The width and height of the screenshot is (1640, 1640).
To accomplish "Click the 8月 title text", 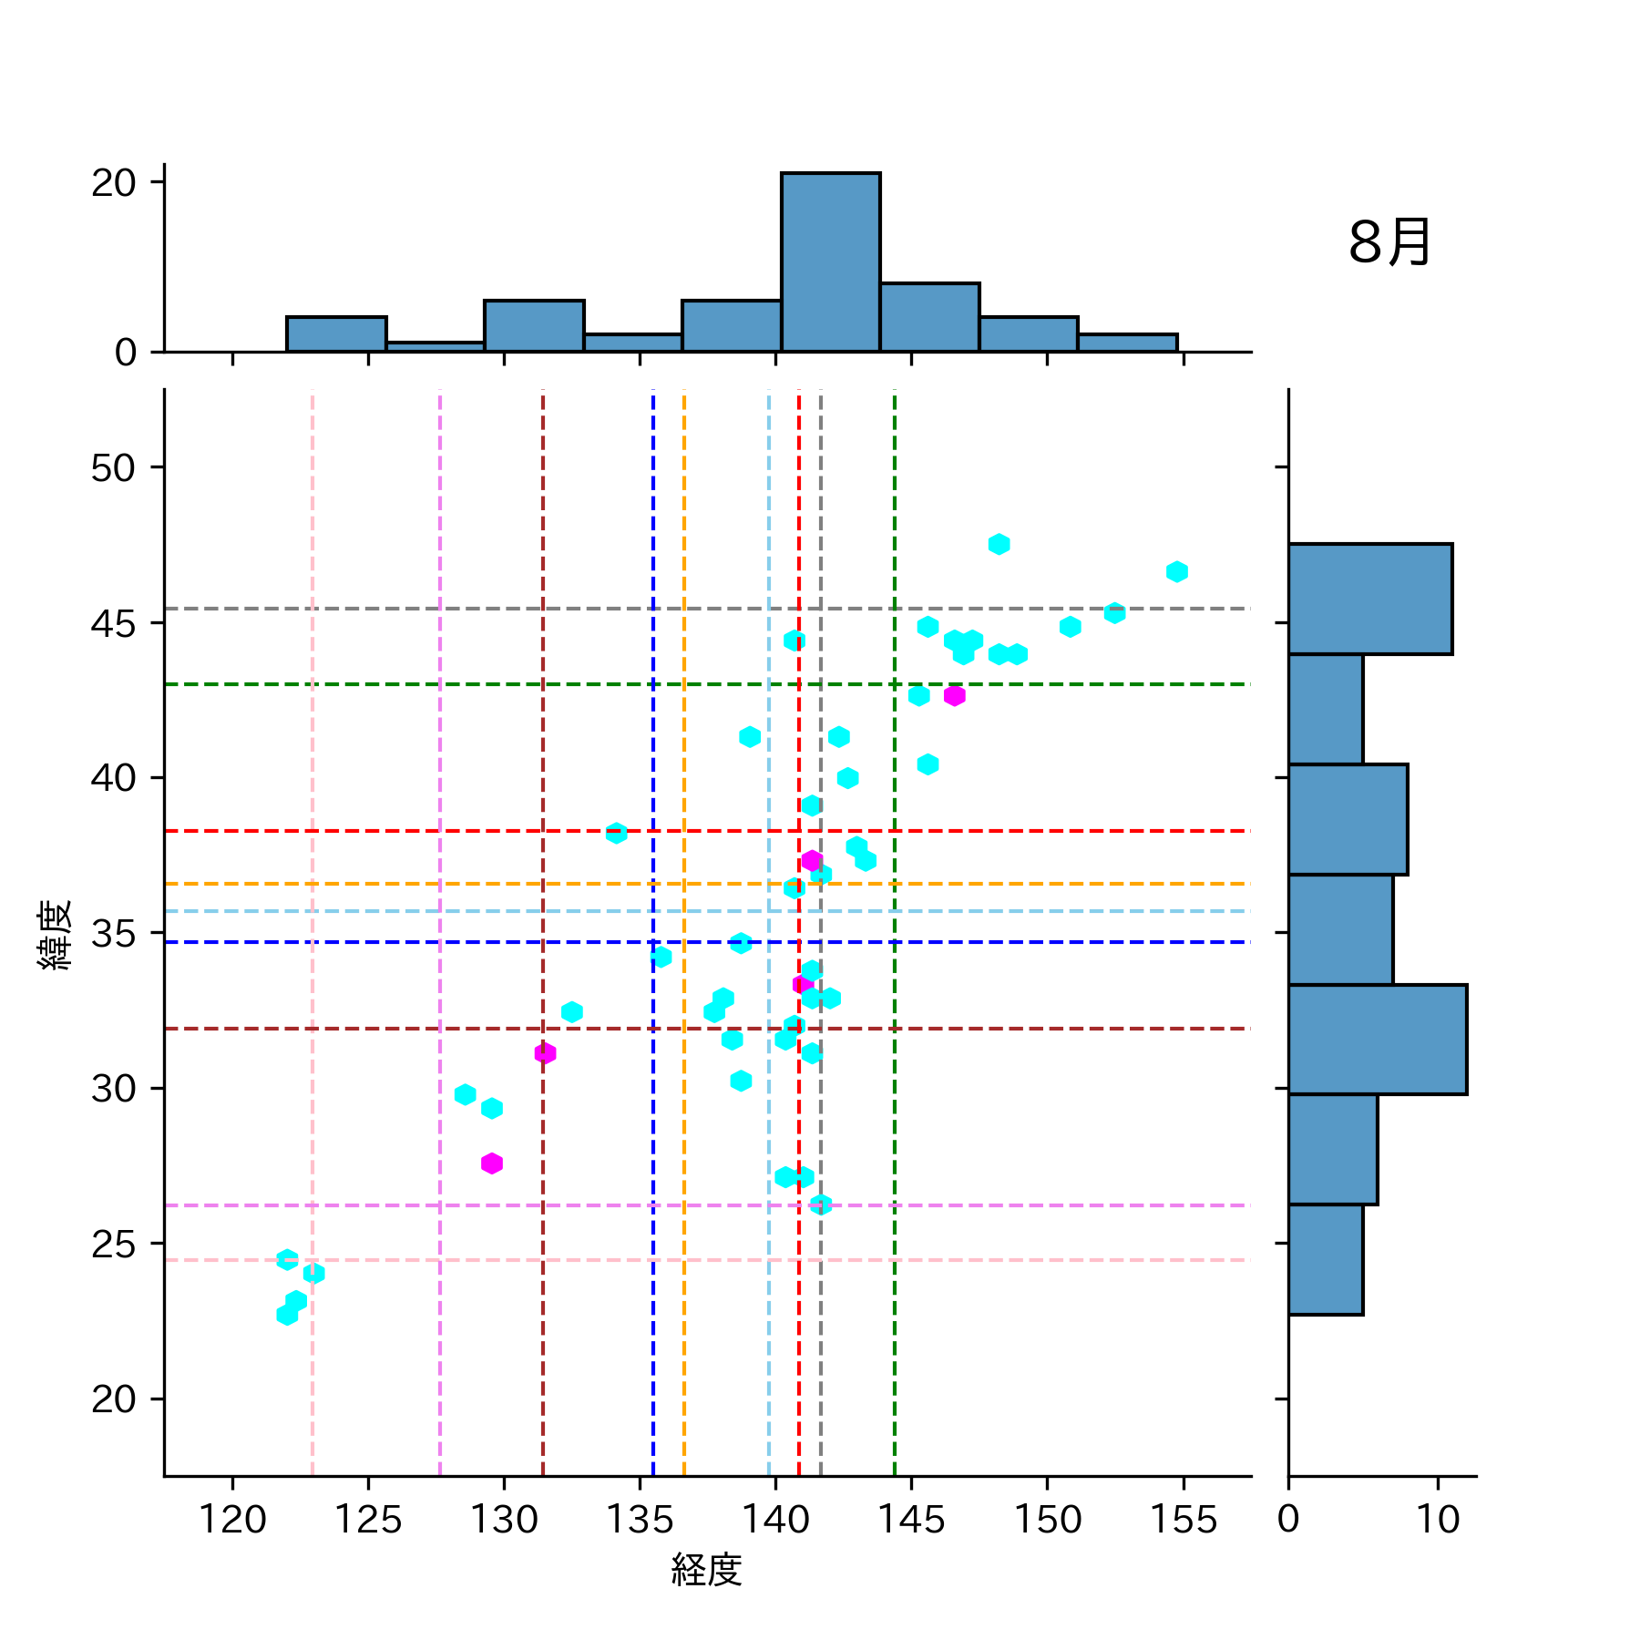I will click(x=1389, y=243).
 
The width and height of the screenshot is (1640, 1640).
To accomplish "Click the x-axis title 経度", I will click(x=706, y=1569).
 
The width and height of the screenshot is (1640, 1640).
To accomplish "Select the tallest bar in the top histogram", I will click(x=830, y=262).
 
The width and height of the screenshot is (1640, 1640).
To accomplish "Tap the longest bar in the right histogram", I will click(x=1377, y=1039).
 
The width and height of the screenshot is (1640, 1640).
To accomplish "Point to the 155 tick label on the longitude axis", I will click(x=1183, y=1519).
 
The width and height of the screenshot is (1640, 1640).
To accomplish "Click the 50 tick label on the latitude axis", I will click(x=113, y=468).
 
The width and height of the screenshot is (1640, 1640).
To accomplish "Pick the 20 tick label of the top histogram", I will click(x=113, y=183).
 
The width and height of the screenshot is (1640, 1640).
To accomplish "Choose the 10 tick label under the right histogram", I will click(x=1438, y=1519).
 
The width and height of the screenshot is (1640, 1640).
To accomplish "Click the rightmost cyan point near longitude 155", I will click(x=1176, y=572).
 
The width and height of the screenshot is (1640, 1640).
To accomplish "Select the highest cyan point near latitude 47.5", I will click(x=999, y=544).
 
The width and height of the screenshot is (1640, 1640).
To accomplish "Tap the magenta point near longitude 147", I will click(x=954, y=696).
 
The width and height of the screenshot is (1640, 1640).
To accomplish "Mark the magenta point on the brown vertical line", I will click(x=545, y=1053).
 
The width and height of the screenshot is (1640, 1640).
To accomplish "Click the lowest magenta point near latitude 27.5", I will click(x=492, y=1163).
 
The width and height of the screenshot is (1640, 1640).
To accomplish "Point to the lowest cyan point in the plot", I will click(x=287, y=1315).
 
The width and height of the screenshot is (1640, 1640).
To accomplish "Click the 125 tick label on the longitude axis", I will click(x=368, y=1519).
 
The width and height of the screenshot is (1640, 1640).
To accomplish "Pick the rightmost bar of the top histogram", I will click(x=1127, y=343).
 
